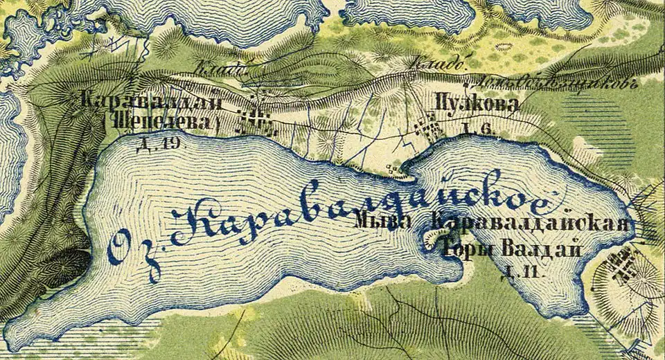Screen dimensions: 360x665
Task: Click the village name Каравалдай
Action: [x=152, y=102]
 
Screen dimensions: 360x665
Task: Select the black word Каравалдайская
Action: [x=531, y=223]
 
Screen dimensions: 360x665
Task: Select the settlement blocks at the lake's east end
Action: [x=620, y=266]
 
